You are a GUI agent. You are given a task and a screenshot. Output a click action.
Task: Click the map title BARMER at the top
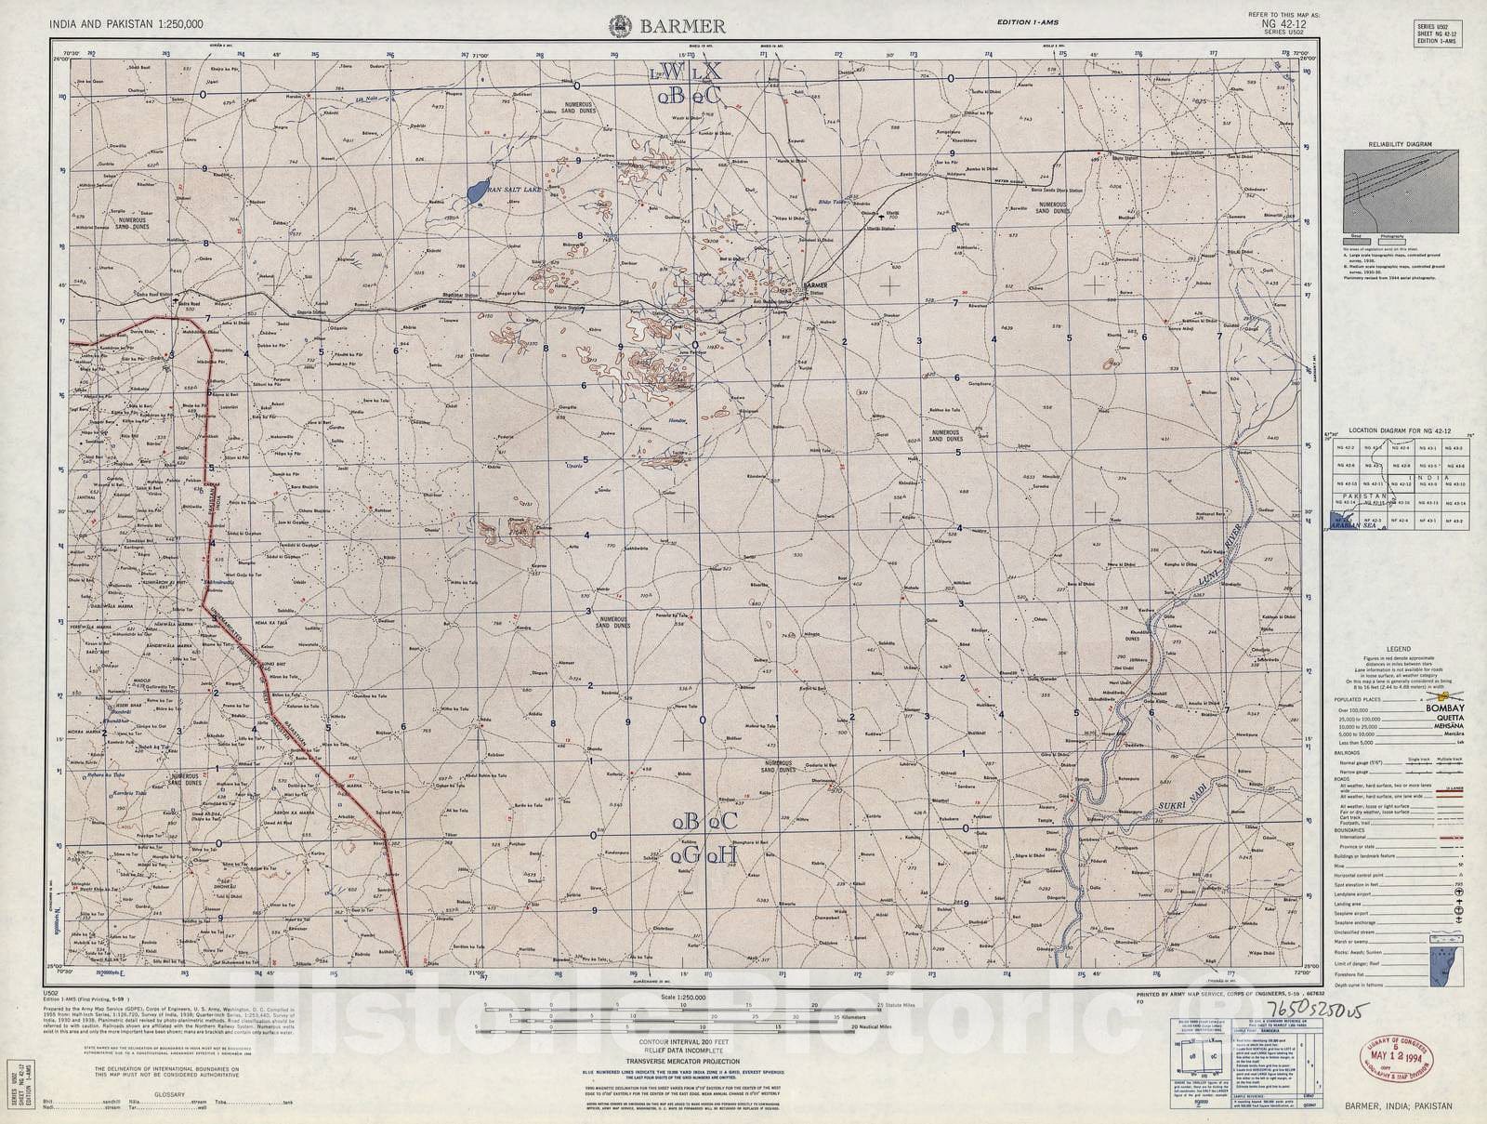point(668,27)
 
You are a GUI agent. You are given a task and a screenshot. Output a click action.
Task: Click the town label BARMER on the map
point(815,285)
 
